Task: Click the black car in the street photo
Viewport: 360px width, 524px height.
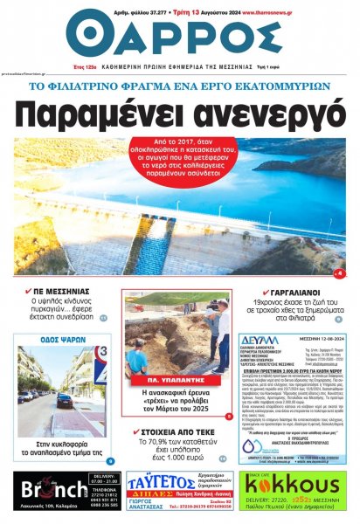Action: coord(66,401)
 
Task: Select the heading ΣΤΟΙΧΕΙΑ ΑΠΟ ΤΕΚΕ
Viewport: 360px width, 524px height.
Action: coord(174,431)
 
